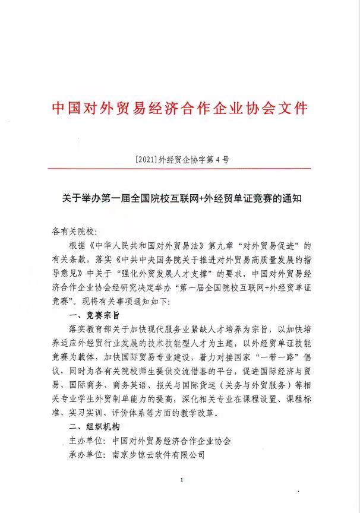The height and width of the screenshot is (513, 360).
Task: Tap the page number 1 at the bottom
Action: pos(180,480)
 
